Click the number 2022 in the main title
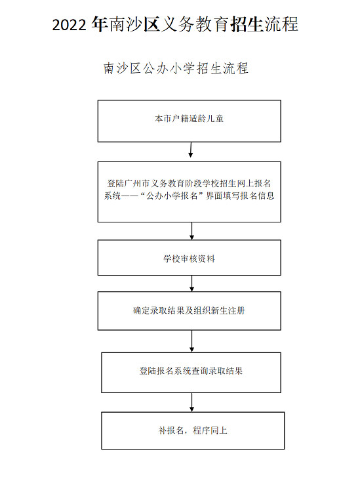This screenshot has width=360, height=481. [69, 25]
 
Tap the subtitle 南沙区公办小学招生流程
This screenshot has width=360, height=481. [176, 68]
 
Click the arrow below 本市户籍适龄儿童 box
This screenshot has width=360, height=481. [191, 150]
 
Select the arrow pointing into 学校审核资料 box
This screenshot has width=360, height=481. [191, 231]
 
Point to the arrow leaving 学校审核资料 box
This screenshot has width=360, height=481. [191, 283]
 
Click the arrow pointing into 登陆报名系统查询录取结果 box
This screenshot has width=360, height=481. [191, 341]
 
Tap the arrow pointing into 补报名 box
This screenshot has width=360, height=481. [191, 402]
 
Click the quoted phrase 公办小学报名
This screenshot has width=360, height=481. [172, 196]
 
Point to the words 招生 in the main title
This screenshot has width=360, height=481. [246, 24]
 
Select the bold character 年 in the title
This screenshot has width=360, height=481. [100, 24]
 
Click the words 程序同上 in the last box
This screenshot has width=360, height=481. [210, 430]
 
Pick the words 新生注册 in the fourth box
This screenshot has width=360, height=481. [228, 311]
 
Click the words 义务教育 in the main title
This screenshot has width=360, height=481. [194, 24]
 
